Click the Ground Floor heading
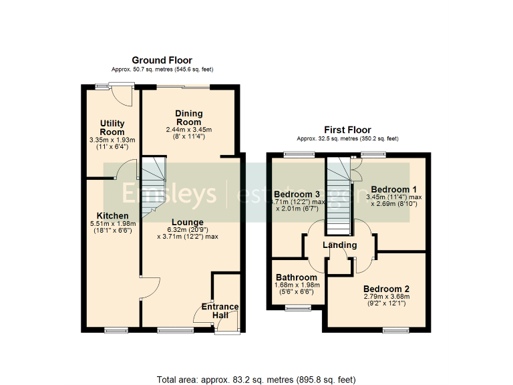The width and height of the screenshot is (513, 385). pyautogui.click(x=162, y=61)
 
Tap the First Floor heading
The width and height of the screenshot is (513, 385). pyautogui.click(x=347, y=130)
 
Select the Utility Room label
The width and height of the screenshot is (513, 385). pyautogui.click(x=112, y=128)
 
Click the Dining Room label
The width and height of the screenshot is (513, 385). pyautogui.click(x=188, y=118)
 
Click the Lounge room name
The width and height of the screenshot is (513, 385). pyautogui.click(x=187, y=222)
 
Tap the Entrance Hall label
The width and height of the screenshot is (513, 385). pyautogui.click(x=220, y=311)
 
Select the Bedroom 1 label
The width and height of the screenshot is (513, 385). pyautogui.click(x=394, y=189)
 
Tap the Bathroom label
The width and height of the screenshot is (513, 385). pyautogui.click(x=296, y=277)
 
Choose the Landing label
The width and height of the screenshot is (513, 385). pyautogui.click(x=340, y=245)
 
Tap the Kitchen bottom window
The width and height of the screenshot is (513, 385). pyautogui.click(x=116, y=330)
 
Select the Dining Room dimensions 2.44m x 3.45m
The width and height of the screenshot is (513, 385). pyautogui.click(x=188, y=130)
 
